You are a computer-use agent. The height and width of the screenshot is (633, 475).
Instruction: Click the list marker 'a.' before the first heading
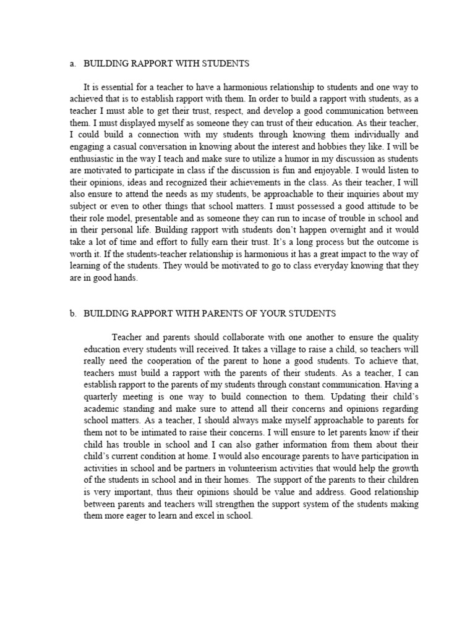(x=72, y=63)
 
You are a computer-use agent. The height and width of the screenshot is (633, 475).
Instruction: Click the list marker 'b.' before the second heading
(x=72, y=313)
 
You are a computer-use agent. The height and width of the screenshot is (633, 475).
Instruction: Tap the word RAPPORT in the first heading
(x=154, y=63)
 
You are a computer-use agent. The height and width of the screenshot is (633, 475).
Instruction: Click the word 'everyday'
(x=320, y=283)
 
